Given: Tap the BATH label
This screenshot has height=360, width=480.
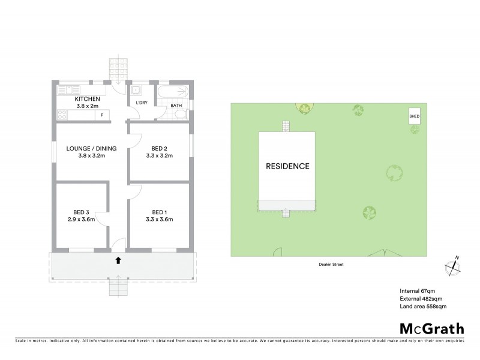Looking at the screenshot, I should (x=176, y=106).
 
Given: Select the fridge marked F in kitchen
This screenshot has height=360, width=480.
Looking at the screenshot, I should (x=102, y=115).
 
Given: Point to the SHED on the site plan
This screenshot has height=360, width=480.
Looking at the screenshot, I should (x=414, y=116).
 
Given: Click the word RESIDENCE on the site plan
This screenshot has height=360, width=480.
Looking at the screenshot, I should (x=287, y=166).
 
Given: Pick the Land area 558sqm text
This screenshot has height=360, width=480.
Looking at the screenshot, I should (x=422, y=306).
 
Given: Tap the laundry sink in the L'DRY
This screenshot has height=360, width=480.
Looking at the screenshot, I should (x=137, y=91).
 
